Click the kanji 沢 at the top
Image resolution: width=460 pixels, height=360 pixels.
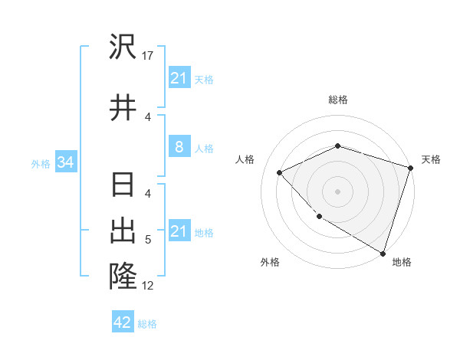[x=123, y=47]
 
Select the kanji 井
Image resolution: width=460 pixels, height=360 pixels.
[x=123, y=107]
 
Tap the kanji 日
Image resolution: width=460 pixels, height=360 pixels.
[x=123, y=186]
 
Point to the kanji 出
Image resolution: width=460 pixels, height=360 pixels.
[x=123, y=231]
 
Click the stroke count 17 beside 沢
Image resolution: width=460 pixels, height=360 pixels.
[x=148, y=55]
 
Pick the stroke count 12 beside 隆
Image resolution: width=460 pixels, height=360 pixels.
[x=148, y=286]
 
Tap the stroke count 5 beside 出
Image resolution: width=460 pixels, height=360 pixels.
[x=148, y=240]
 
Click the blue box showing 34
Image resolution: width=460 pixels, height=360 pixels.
[x=65, y=162]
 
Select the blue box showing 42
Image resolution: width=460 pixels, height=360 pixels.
[x=123, y=322]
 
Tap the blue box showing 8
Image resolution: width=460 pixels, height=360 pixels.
[x=179, y=147]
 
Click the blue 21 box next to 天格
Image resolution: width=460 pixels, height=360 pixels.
[x=179, y=78]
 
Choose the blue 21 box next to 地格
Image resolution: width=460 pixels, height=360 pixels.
[x=179, y=231]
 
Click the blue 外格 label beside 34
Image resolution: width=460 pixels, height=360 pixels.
[x=41, y=163]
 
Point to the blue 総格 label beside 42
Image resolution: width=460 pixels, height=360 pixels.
[x=147, y=324]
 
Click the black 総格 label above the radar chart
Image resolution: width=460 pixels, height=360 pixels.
[x=337, y=100]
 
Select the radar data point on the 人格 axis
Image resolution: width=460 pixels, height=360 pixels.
[x=280, y=173]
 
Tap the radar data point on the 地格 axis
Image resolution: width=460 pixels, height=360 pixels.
[x=382, y=252]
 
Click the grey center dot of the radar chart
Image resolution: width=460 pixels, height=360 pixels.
[x=337, y=191]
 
